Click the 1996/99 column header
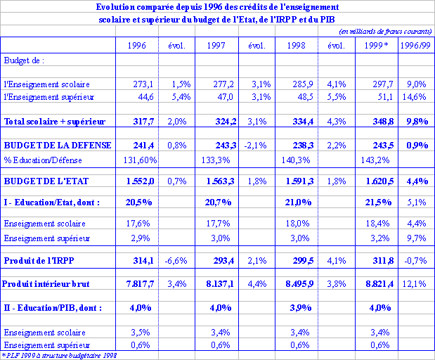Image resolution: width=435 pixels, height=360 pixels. point(415,46)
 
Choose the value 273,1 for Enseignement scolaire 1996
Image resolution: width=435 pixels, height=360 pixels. point(143,84)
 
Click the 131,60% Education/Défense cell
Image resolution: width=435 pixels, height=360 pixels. point(138,160)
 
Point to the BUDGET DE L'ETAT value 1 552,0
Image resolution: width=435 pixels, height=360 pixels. point(140,181)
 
